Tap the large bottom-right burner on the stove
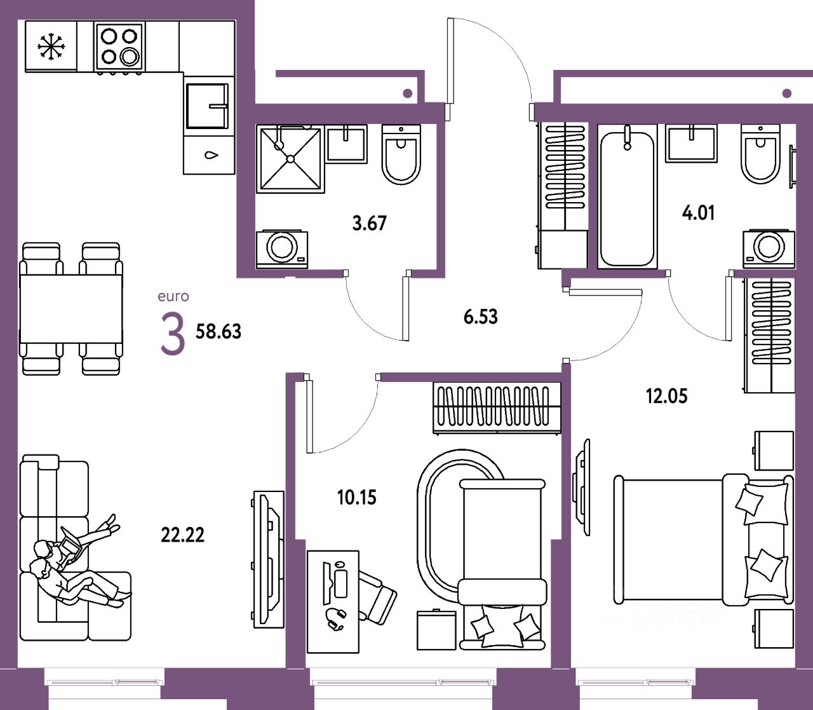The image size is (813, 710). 130,57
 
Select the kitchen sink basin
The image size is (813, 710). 207,106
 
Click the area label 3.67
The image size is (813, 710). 369,223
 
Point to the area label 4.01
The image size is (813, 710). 698,212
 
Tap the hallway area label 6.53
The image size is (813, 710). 481,316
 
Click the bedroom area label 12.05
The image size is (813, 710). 666,396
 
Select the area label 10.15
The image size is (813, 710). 356,497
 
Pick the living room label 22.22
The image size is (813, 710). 183,535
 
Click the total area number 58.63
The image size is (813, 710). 218,331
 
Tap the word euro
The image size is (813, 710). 173,296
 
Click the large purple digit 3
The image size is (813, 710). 172,334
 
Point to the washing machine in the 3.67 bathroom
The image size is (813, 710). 282,248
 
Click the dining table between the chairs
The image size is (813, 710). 71,309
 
